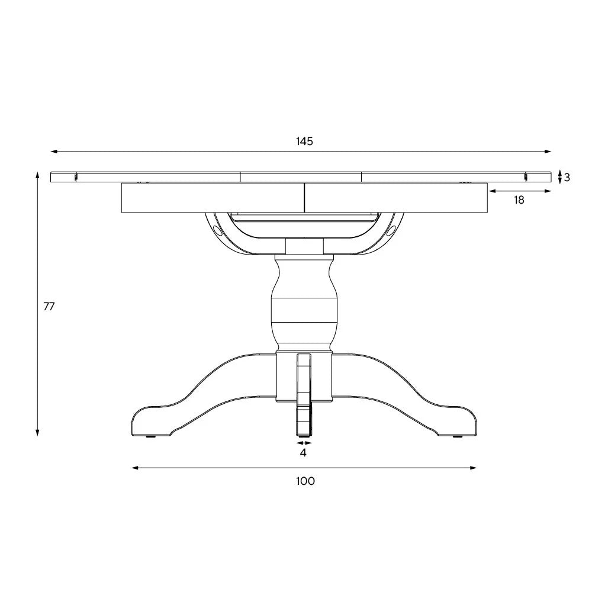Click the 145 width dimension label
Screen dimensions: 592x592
click(x=304, y=141)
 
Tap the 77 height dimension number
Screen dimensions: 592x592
click(x=49, y=306)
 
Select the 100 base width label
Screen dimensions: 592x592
click(x=305, y=481)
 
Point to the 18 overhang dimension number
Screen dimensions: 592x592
click(x=519, y=200)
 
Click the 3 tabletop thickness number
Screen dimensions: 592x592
click(x=567, y=177)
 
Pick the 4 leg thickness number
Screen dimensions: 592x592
click(x=303, y=453)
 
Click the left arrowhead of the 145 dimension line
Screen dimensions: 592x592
click(x=53, y=152)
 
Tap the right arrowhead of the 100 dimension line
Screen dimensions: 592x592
click(x=474, y=468)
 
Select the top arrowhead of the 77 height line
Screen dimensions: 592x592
click(x=38, y=175)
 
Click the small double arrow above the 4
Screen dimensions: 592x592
click(x=304, y=442)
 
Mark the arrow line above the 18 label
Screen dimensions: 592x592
click(x=520, y=191)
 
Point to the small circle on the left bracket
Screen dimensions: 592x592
click(x=217, y=229)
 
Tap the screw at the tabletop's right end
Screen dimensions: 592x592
click(x=525, y=176)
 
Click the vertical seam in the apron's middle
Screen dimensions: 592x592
click(x=304, y=198)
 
